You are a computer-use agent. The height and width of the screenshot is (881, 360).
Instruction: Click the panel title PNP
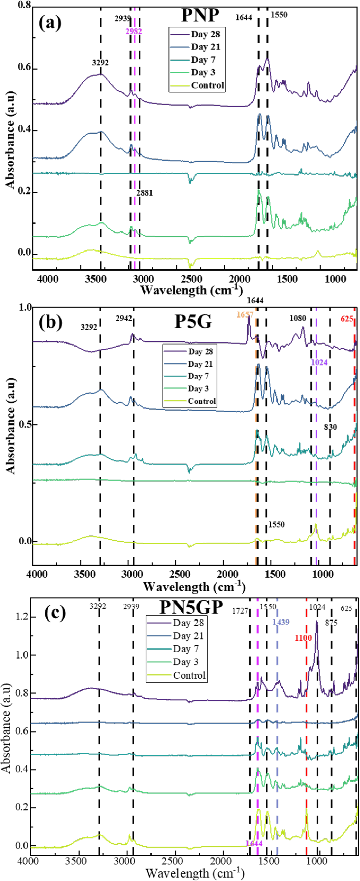200,15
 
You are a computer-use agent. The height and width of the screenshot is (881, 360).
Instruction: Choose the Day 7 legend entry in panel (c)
186,649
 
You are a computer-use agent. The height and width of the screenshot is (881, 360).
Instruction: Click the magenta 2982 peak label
134,31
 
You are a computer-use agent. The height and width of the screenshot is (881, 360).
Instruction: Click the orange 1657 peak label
245,315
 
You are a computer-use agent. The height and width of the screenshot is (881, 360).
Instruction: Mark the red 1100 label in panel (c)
303,638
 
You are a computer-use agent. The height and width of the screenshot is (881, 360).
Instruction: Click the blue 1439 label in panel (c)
281,622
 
